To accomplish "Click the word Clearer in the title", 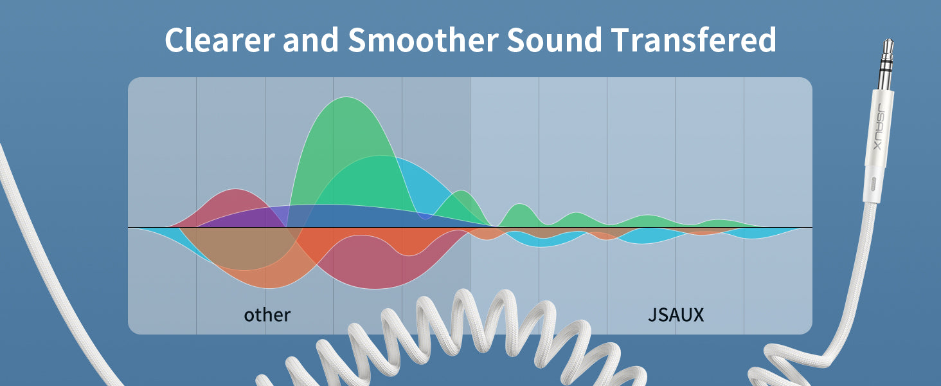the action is point(220,40).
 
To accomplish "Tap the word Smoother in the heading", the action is point(423,40).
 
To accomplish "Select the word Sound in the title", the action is point(555,40).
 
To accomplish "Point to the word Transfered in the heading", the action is point(693,40).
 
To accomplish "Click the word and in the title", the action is point(311,40).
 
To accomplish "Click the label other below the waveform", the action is point(267,315).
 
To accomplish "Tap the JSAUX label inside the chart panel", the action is point(676,315).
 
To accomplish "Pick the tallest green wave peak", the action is point(346,98).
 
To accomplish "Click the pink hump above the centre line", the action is point(236,190).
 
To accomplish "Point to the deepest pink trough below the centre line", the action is point(375,288).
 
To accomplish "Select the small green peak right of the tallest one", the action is point(462,192).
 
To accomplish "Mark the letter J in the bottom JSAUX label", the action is point(652,315).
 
